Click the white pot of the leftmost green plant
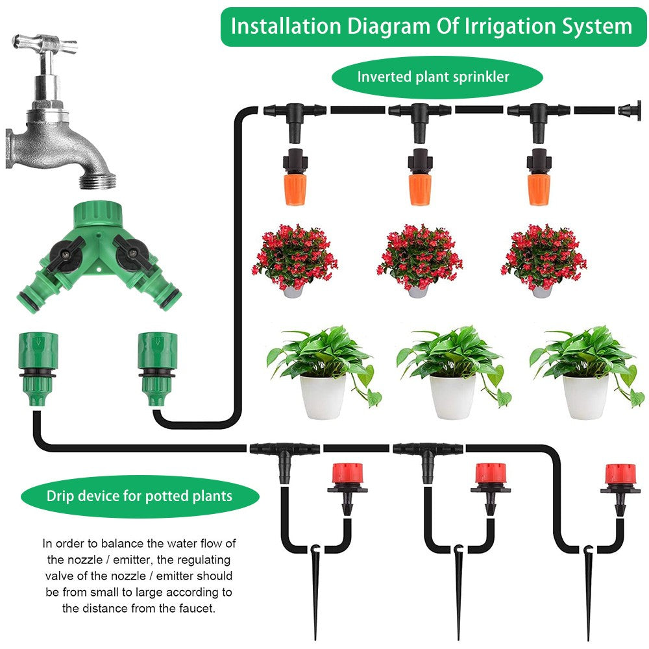click(323, 396)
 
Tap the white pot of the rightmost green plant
click(585, 396)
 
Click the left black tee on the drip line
click(284, 454)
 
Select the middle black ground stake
click(459, 584)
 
